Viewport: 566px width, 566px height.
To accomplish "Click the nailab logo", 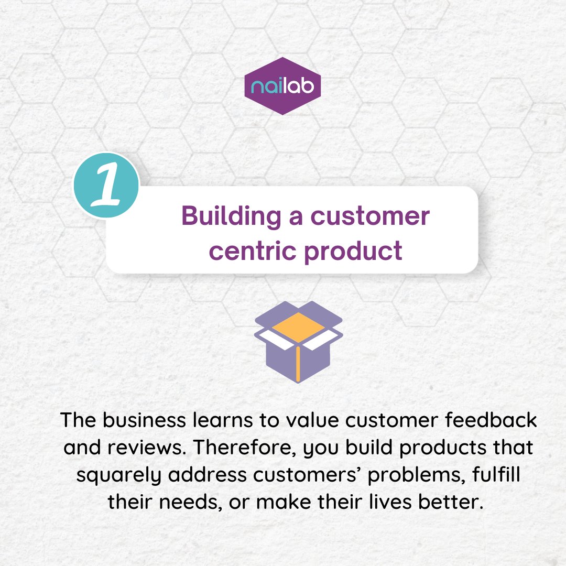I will tap(283, 85).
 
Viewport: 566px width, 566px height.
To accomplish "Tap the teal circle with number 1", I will tap(106, 186).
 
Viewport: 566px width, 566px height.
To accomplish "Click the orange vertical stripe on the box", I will tap(298, 364).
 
